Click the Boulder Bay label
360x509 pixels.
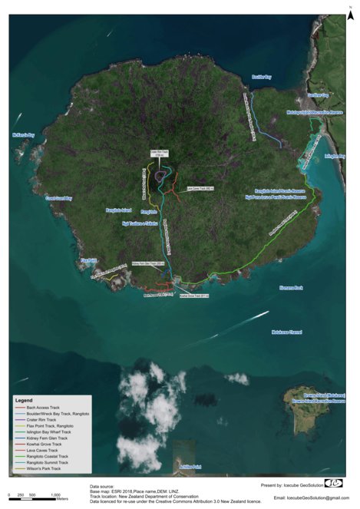[262, 77]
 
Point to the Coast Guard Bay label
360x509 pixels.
[58, 198]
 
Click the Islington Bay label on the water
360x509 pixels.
[335, 156]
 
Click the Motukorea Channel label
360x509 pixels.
[287, 332]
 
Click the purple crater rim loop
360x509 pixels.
[161, 176]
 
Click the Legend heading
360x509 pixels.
[25, 400]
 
